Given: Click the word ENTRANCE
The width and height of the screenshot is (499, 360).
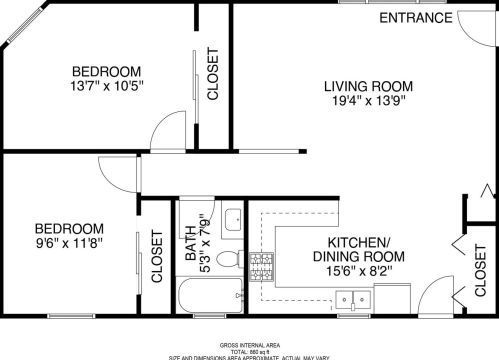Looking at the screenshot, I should click(x=413, y=18).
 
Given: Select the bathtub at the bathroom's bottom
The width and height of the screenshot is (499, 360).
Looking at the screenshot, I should click(x=209, y=296).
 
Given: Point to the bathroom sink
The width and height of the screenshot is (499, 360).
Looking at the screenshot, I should click(x=232, y=219).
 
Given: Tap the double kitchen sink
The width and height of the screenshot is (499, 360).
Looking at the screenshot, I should click(x=350, y=297).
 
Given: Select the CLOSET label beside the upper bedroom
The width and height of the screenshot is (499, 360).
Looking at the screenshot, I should click(x=212, y=74).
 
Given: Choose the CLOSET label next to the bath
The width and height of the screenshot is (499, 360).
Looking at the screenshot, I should click(x=156, y=258).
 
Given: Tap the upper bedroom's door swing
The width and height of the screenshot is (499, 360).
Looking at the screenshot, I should click(x=163, y=135).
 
